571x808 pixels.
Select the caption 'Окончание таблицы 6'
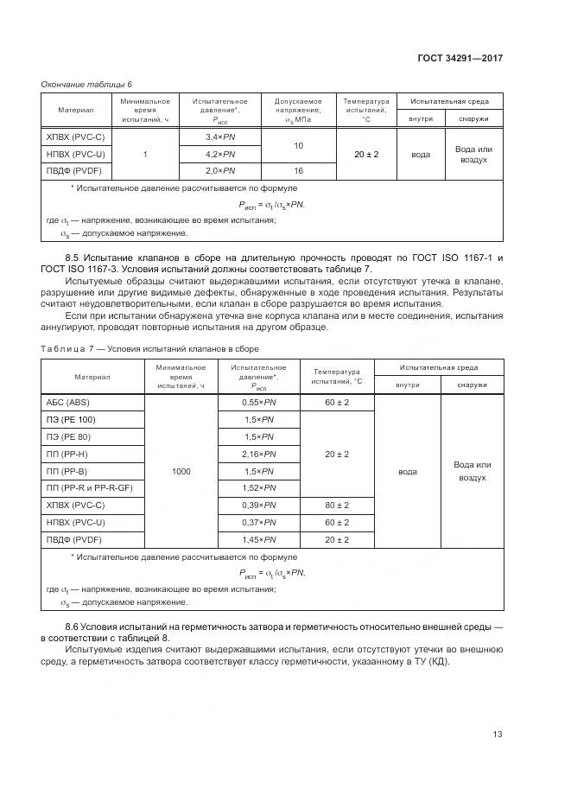click(x=86, y=84)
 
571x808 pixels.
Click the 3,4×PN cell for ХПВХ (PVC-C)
click(x=219, y=137)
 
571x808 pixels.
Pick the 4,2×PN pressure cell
click(x=219, y=154)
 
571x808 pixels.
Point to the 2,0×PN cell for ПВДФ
click(x=219, y=171)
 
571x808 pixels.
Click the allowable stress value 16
click(x=298, y=171)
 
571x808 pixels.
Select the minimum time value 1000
click(x=181, y=471)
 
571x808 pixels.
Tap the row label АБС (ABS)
click(x=67, y=402)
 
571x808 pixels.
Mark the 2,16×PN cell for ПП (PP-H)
click(x=259, y=454)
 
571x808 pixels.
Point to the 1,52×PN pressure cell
click(x=259, y=488)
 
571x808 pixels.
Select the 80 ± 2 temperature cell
click(x=337, y=506)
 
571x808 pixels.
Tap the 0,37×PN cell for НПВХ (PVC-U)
click(x=259, y=522)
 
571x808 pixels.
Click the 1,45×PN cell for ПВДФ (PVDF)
click(x=259, y=539)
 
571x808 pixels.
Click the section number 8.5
click(x=73, y=258)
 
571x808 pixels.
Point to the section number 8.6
click(x=73, y=625)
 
